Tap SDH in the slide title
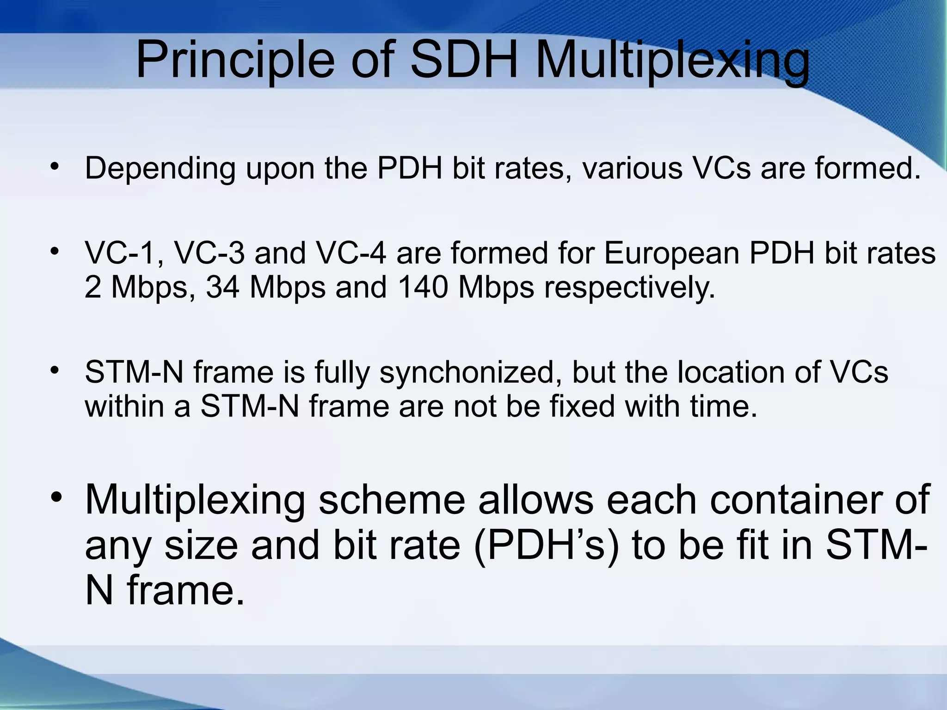coord(464,60)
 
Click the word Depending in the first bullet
coord(160,169)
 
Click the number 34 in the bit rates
coord(222,288)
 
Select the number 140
coord(423,288)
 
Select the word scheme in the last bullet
coord(391,500)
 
